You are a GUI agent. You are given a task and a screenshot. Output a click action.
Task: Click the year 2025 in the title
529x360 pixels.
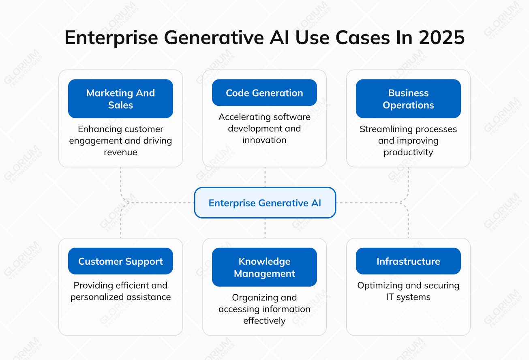[441, 38]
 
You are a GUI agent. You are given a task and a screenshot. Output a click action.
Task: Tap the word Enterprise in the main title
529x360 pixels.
[111, 38]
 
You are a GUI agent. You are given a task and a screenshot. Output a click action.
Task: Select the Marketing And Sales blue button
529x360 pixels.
[120, 99]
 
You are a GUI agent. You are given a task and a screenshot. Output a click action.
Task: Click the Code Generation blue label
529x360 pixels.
[264, 92]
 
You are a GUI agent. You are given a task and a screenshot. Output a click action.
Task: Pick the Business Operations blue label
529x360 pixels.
[408, 99]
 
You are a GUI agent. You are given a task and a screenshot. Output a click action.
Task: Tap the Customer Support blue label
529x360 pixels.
[120, 261]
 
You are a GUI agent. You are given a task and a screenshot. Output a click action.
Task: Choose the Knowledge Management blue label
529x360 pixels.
[264, 267]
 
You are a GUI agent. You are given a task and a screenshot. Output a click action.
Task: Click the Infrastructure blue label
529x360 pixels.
[408, 261]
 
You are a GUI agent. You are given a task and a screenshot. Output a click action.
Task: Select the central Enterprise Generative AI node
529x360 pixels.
[265, 203]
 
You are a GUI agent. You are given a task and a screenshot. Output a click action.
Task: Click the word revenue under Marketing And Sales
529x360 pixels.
[120, 152]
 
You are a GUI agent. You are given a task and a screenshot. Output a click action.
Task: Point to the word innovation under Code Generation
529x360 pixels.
[264, 140]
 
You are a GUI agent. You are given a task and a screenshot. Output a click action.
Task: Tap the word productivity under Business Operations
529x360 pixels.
[408, 152]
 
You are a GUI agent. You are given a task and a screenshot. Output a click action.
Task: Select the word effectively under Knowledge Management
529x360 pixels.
[264, 320]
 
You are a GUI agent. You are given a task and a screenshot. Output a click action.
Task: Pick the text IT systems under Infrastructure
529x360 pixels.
[408, 297]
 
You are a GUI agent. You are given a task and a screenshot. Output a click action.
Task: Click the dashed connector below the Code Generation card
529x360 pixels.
[265, 177]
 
